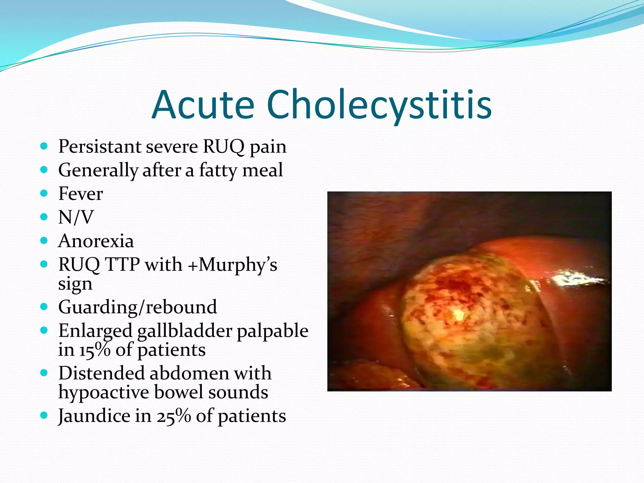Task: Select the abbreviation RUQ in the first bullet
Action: pyautogui.click(x=224, y=147)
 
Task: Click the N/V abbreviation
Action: pyautogui.click(x=76, y=217)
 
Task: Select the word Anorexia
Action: pyautogui.click(x=96, y=241)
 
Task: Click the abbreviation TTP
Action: pyautogui.click(x=122, y=264)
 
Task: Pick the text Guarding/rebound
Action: pyautogui.click(x=137, y=307)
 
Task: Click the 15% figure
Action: pyautogui.click(x=94, y=350)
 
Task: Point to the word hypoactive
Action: pyautogui.click(x=103, y=392)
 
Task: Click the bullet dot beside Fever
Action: pyautogui.click(x=44, y=193)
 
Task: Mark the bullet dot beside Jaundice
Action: pyautogui.click(x=44, y=415)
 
